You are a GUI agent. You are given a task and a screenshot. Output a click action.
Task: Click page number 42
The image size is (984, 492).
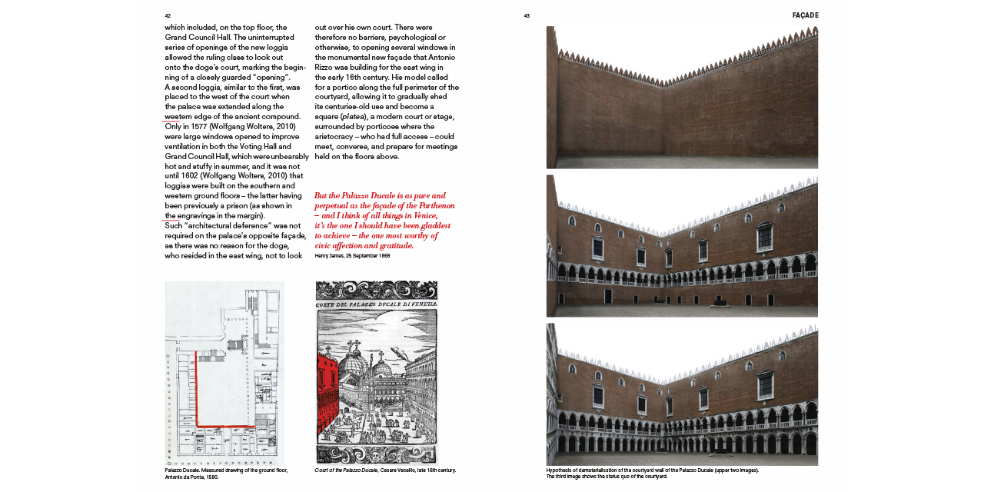[168, 15]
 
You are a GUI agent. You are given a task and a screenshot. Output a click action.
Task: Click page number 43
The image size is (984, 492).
[527, 15]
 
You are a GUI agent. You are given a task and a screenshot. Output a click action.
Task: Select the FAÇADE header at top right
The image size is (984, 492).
[805, 15]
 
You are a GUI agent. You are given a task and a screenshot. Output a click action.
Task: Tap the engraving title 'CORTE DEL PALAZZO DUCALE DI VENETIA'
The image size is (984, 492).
[377, 306]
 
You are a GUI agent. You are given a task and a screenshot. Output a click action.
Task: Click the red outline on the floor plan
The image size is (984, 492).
[198, 392]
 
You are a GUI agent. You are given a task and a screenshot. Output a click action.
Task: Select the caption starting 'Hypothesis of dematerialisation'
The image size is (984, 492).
[652, 470]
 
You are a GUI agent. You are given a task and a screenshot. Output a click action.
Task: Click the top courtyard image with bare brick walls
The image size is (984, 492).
[682, 98]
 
